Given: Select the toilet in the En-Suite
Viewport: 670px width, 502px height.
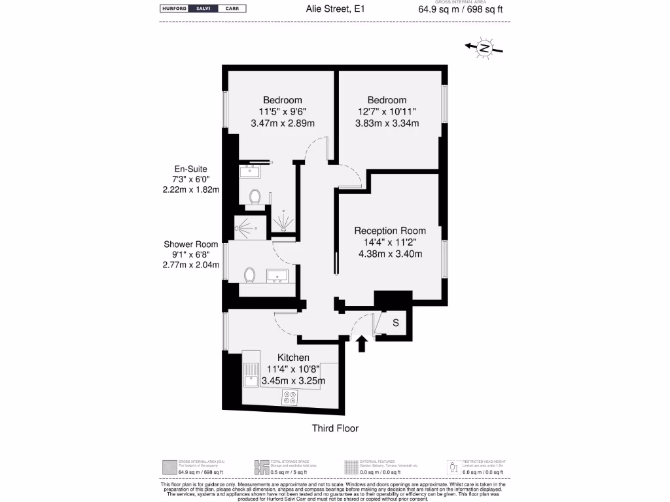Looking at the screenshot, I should (255, 196).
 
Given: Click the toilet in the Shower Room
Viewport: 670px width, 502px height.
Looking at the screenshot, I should (249, 275).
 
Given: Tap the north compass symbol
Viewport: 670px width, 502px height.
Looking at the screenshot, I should (484, 48).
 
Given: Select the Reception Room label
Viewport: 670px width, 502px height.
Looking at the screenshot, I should (390, 231).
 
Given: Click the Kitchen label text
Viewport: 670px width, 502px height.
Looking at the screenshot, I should (293, 358).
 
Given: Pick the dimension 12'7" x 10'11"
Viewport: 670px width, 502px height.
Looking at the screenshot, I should (387, 112).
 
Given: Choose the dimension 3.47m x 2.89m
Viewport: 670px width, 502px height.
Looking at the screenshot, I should (283, 123).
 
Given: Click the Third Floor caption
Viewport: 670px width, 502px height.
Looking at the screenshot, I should (335, 428).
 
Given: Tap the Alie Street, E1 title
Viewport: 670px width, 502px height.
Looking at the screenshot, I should (335, 9).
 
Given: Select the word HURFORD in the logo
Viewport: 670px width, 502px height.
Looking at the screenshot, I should (175, 9).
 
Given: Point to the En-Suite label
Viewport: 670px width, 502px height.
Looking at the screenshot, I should (190, 169).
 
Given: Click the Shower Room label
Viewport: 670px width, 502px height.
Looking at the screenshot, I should (190, 244).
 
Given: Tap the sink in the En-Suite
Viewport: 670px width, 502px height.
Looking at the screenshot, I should (250, 172).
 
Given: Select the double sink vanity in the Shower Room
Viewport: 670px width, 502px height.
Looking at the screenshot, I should (279, 276).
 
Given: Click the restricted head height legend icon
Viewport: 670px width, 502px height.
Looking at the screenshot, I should (453, 467).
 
